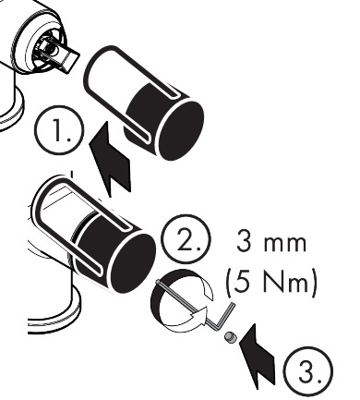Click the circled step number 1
pos(59,130)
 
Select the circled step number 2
pos(186,239)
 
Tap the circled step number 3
pos(307,371)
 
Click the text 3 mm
pos(271,243)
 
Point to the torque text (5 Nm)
pos(270,282)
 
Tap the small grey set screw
pos(231,338)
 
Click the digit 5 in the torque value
pos(241,282)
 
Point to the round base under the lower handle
pos(54,311)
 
